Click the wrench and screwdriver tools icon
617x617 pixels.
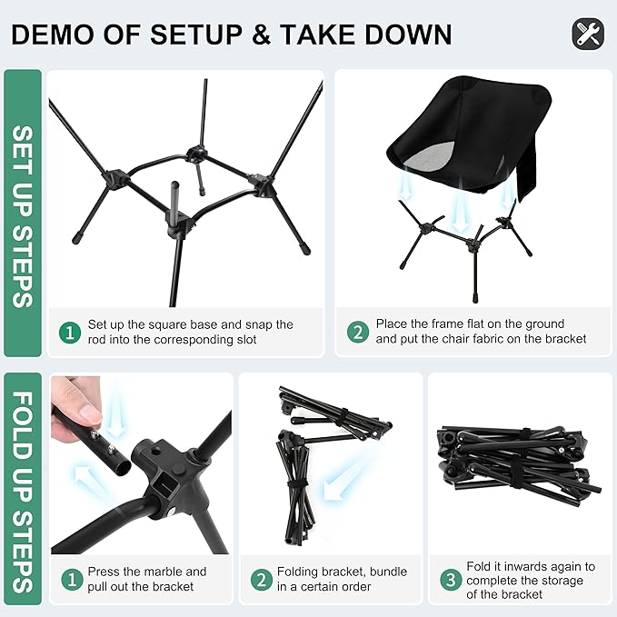(588, 34)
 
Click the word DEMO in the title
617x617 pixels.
(54, 35)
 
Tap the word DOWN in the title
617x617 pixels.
(409, 35)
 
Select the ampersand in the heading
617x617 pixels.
(261, 35)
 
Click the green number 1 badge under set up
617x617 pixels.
(70, 333)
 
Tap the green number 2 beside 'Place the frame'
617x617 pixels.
(358, 332)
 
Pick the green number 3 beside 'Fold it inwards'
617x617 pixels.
(451, 579)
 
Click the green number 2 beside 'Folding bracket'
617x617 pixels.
(262, 579)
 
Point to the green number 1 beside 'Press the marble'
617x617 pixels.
(73, 579)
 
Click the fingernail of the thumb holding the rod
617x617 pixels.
(90, 413)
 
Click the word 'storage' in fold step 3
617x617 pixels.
(562, 581)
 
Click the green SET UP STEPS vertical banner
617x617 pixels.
(23, 214)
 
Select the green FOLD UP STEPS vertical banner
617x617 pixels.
(23, 488)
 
